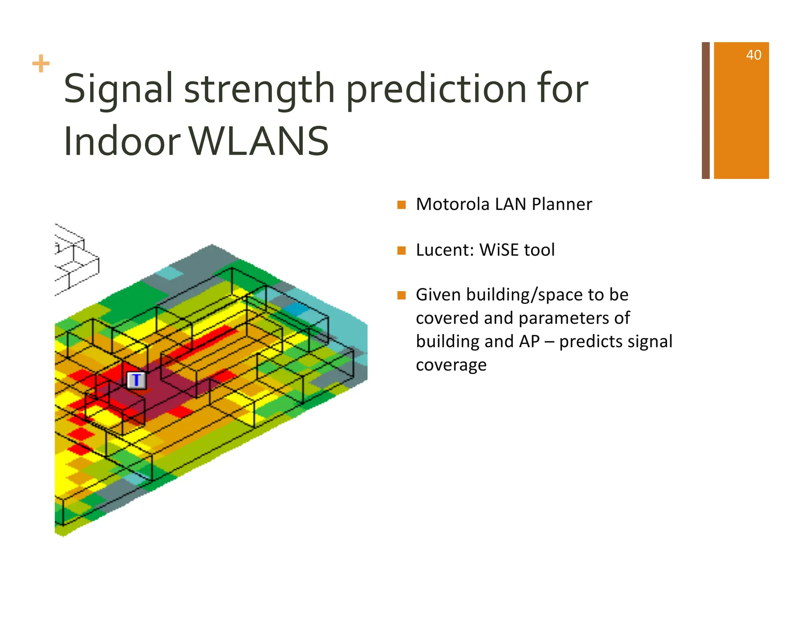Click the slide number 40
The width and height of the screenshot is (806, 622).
pyautogui.click(x=753, y=55)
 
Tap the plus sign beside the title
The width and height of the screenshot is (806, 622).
pyautogui.click(x=41, y=64)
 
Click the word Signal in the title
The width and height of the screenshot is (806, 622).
pyautogui.click(x=118, y=89)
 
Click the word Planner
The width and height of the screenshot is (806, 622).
pyautogui.click(x=562, y=204)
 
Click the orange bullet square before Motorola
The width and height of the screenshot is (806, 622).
pyautogui.click(x=401, y=205)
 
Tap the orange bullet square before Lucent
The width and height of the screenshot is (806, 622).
pyautogui.click(x=401, y=250)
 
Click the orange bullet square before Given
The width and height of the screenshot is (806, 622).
pyautogui.click(x=401, y=295)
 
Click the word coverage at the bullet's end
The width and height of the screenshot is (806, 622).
pyautogui.click(x=451, y=365)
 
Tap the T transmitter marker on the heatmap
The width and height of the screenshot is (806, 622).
pyautogui.click(x=137, y=380)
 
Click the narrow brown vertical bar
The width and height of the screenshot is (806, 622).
pyautogui.click(x=706, y=110)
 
